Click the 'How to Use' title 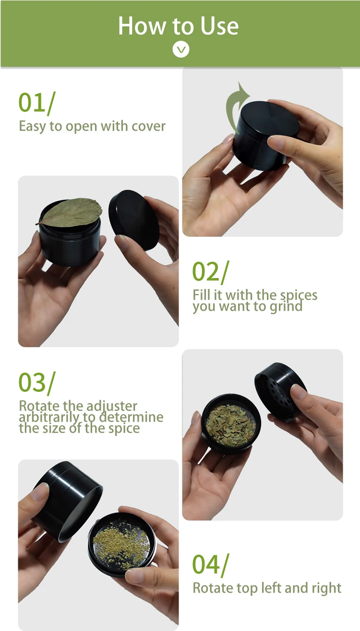pyautogui.click(x=178, y=26)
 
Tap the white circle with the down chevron pyautogui.click(x=180, y=49)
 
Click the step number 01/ pyautogui.click(x=37, y=103)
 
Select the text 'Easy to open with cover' pyautogui.click(x=92, y=126)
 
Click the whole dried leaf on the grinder pyautogui.click(x=70, y=212)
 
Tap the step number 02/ pyautogui.click(x=211, y=271)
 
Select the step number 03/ pyautogui.click(x=37, y=383)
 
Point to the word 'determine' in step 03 pyautogui.click(x=132, y=417)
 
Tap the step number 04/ pyautogui.click(x=211, y=565)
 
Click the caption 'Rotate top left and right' pyautogui.click(x=267, y=588)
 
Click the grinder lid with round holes pyautogui.click(x=280, y=392)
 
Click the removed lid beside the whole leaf pyautogui.click(x=134, y=220)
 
